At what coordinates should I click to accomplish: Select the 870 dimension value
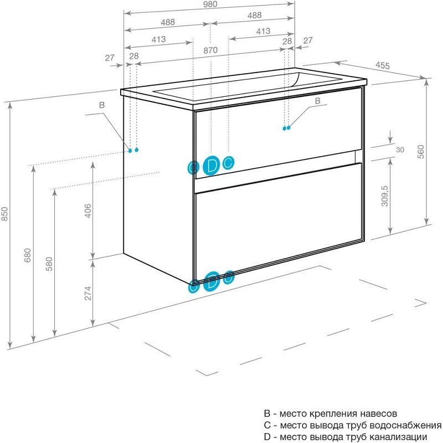210,50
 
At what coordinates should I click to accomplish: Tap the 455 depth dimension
383,65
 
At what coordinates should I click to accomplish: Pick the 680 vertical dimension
28,254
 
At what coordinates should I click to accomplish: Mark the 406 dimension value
87,209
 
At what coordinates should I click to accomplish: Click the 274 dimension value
87,292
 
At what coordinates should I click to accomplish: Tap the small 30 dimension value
400,150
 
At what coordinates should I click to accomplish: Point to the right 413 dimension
263,31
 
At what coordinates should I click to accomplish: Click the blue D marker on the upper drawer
211,165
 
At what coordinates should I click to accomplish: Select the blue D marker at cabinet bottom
211,281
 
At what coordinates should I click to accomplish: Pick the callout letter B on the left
101,105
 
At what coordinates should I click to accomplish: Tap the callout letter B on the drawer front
317,101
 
